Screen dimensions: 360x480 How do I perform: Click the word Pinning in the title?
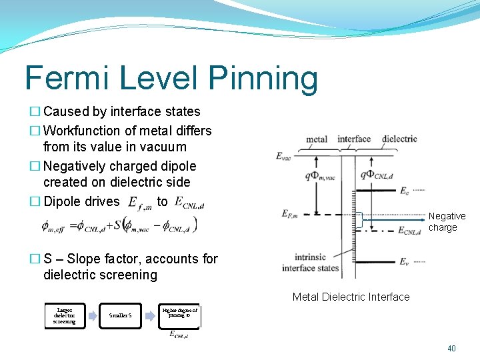pos(263,79)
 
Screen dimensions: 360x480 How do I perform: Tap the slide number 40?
pos(451,348)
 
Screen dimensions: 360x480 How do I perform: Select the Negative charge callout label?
pos(447,222)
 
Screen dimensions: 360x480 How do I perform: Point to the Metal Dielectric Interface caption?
pos(351,297)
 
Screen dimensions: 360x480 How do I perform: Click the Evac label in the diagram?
pos(285,156)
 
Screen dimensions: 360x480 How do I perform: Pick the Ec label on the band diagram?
pos(404,191)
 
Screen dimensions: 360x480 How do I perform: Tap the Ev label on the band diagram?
pos(404,261)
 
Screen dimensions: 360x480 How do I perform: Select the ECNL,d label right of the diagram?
pos(409,231)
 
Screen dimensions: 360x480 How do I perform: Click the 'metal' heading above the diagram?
pos(316,139)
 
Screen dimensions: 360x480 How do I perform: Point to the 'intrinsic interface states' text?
pos(310,263)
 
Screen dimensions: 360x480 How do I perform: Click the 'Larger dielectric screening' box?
pos(65,317)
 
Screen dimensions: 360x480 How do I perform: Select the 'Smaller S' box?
pos(124,316)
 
